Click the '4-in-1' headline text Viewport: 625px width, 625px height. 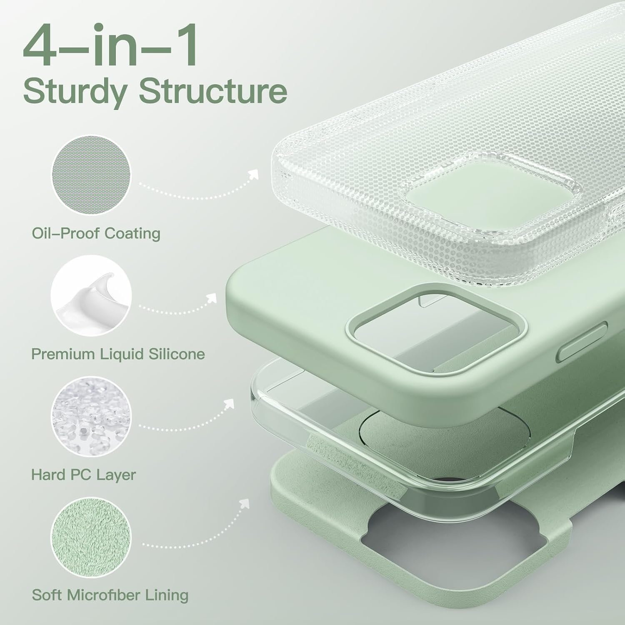click(x=111, y=46)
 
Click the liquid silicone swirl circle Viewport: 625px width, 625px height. click(x=91, y=296)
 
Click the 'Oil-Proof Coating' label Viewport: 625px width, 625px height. click(x=96, y=233)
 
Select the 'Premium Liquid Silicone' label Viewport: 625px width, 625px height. click(x=118, y=354)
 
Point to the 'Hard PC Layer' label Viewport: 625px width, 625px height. click(x=84, y=475)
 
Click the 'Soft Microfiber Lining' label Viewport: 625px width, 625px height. click(x=110, y=595)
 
